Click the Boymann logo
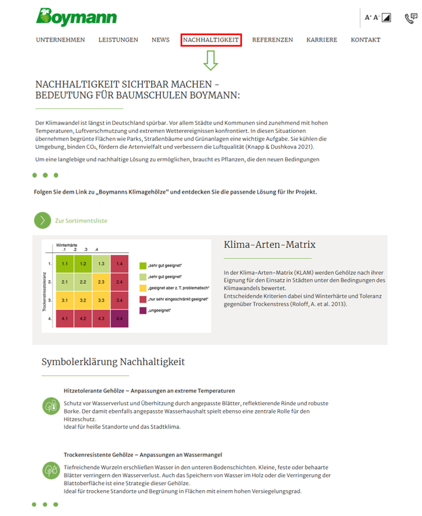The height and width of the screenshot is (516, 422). [77, 17]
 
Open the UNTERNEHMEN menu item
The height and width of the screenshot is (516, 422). [61, 40]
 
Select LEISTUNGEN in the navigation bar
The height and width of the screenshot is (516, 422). [118, 40]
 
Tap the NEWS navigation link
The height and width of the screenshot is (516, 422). [160, 40]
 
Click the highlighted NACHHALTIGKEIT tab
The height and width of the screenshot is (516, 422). [211, 40]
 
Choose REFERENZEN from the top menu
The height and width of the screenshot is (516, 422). [273, 40]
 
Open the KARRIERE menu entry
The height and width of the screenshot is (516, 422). [322, 40]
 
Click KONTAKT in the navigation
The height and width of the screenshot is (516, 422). [365, 40]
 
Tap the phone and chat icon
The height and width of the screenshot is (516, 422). [410, 18]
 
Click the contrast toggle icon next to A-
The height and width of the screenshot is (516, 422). [386, 18]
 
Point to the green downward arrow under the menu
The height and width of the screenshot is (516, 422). [210, 60]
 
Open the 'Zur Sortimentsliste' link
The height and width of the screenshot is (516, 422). [81, 221]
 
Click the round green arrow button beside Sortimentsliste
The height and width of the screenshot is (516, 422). [42, 220]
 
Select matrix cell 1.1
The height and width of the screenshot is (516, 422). [64, 264]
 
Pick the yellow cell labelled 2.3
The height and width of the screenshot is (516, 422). [101, 282]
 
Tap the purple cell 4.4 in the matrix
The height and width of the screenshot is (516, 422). [119, 318]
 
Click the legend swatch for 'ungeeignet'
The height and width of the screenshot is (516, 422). [143, 311]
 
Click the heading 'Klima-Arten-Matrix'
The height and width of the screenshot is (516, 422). [269, 245]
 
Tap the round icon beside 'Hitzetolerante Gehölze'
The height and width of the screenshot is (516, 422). [50, 406]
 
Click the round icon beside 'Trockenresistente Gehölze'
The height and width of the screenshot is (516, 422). [50, 470]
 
